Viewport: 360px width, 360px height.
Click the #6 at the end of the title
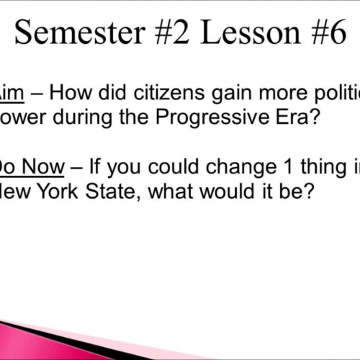[323, 32]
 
